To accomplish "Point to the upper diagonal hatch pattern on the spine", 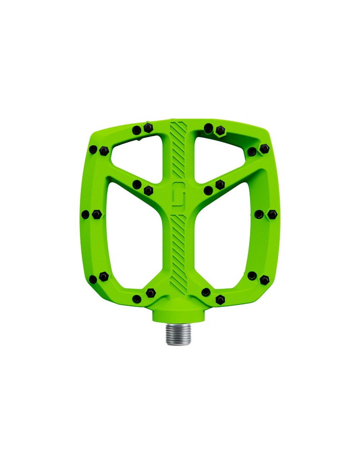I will [x=178, y=148].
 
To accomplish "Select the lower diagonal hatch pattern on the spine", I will [x=178, y=254].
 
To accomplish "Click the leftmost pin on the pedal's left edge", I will [x=85, y=214].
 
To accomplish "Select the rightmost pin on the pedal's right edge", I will [x=272, y=214].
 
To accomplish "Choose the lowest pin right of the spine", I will [x=220, y=300].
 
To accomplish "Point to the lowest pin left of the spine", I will [x=137, y=299].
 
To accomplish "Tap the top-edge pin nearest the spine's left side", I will [x=148, y=128].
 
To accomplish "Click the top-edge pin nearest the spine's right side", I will [x=208, y=129].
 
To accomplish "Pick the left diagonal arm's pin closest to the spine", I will [x=148, y=190].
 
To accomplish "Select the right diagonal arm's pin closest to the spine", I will [x=208, y=190].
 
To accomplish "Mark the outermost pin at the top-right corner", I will [x=265, y=148].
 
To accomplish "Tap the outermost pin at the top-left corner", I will [x=93, y=149].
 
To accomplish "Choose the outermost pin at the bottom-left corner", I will [x=93, y=279].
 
